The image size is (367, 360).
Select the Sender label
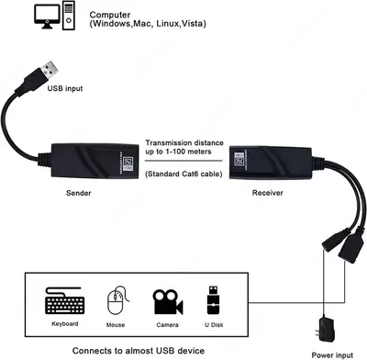[x=79, y=194]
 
